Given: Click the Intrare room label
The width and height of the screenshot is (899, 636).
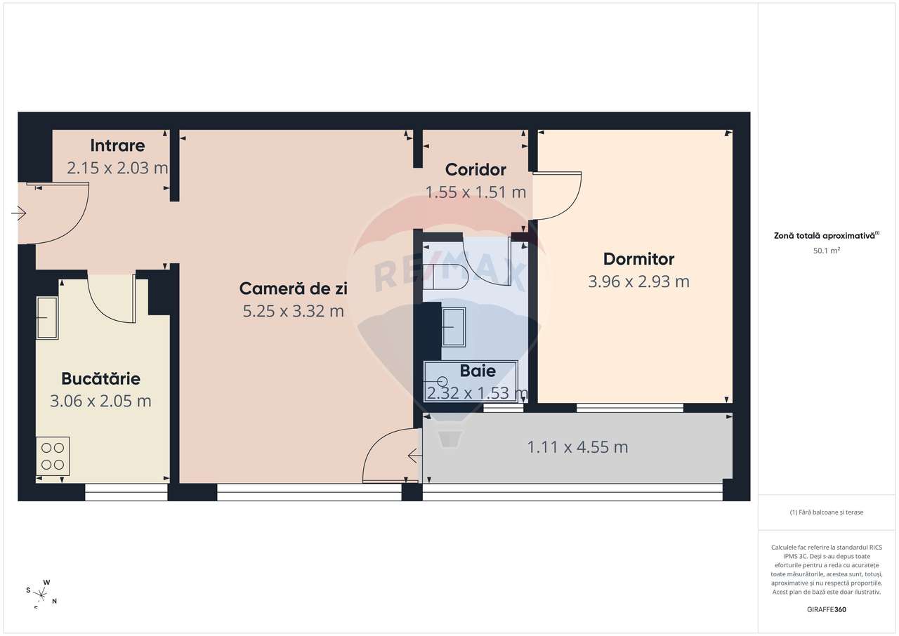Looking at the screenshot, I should [x=117, y=146].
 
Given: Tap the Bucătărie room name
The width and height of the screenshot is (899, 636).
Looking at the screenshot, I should [x=100, y=379].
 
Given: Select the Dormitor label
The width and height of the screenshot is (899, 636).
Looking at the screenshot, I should [x=638, y=259].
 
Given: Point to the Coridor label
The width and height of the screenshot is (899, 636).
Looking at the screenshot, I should [x=475, y=170].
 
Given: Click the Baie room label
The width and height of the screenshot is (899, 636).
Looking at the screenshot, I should [x=478, y=371].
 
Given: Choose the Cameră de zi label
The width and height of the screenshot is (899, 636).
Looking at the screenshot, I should [x=294, y=289].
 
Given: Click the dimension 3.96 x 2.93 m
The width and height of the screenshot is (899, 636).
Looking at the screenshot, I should [x=638, y=281].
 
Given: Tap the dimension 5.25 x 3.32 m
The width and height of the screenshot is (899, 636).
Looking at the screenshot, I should [x=294, y=311].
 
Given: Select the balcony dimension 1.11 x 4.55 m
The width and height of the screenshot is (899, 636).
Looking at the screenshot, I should [x=577, y=447].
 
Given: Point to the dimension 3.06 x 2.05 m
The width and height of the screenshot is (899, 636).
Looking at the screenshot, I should [x=100, y=402].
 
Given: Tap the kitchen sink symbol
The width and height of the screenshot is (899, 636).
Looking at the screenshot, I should [x=47, y=318].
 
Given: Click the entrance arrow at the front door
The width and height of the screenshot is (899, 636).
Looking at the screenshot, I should [x=19, y=213].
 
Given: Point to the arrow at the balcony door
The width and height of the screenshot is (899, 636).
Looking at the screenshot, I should [x=414, y=457].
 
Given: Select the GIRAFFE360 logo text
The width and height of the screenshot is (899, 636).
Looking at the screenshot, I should [x=827, y=609].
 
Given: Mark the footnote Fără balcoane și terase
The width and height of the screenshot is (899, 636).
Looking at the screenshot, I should [x=826, y=512].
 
